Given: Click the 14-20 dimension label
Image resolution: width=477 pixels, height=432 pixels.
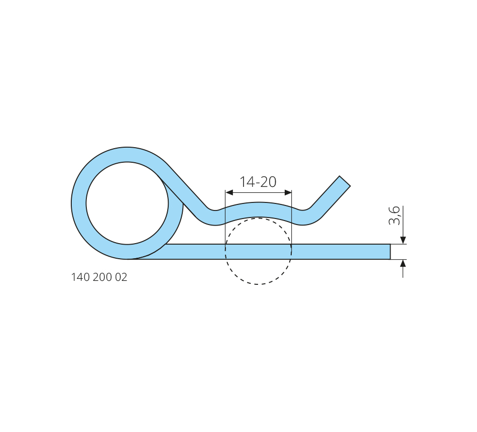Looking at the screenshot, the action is click(x=258, y=182).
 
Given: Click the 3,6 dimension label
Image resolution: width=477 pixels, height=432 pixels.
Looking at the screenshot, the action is click(x=394, y=215).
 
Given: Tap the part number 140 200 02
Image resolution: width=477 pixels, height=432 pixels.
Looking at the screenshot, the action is click(x=99, y=277).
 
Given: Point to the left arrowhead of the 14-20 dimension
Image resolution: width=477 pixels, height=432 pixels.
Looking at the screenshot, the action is click(x=229, y=192).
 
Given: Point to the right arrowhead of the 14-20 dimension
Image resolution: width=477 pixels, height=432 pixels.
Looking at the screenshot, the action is click(x=288, y=192).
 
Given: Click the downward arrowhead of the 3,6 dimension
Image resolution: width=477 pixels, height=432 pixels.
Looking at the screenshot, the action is click(x=403, y=240).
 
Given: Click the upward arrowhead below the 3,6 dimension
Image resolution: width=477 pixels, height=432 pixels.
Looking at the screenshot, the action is click(x=403, y=264).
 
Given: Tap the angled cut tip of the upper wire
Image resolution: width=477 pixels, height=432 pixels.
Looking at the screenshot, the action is click(x=345, y=181).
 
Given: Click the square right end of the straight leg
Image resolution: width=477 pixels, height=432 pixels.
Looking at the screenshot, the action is click(x=390, y=252).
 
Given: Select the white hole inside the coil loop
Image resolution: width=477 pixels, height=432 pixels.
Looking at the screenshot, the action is click(x=127, y=203).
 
